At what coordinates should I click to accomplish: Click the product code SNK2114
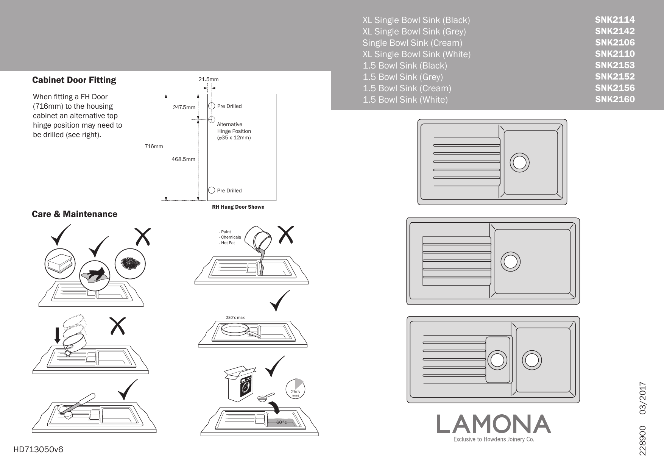614,20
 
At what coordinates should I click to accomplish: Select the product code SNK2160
614,99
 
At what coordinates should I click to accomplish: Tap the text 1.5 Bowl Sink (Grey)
402,77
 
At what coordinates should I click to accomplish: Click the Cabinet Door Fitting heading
74,80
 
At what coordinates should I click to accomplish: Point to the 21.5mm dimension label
209,79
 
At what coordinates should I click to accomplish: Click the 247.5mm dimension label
184,107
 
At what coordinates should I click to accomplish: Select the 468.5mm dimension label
183,159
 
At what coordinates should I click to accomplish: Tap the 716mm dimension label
154,146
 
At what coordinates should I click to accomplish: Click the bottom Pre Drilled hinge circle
212,190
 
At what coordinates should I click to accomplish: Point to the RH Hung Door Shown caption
238,207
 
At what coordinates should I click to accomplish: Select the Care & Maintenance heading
75,214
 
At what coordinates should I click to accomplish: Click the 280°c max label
235,317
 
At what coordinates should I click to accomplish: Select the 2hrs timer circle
295,389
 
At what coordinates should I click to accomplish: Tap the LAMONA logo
494,424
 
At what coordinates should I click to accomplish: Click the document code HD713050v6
38,450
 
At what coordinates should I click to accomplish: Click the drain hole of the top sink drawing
519,162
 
